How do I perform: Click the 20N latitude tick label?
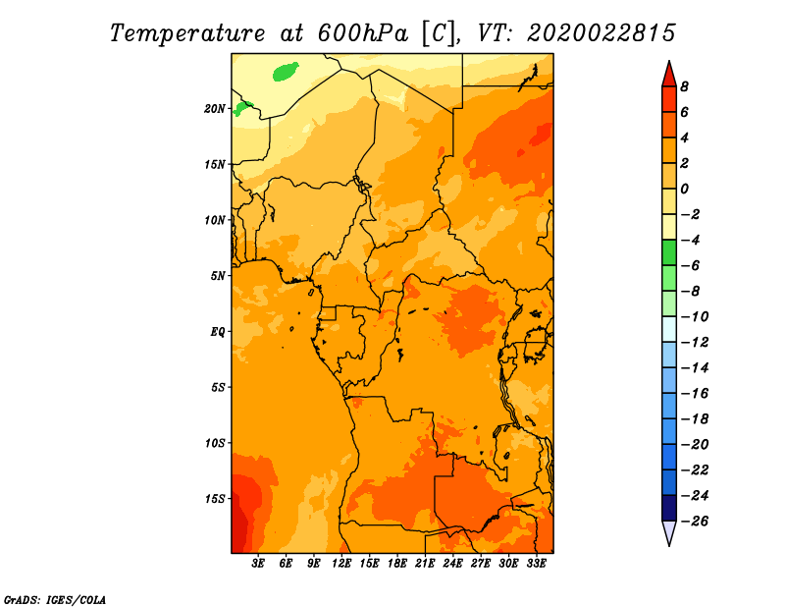pyautogui.click(x=215, y=109)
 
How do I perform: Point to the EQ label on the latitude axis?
pyautogui.click(x=218, y=332)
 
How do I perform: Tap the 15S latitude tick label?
pyautogui.click(x=215, y=499)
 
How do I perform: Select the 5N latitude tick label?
pyautogui.click(x=218, y=276)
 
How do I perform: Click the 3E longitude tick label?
pyautogui.click(x=258, y=564)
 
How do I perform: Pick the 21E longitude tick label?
pyautogui.click(x=425, y=564)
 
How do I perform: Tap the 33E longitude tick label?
pyautogui.click(x=536, y=564)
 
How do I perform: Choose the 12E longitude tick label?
pyautogui.click(x=340, y=564)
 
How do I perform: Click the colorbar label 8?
pyautogui.click(x=684, y=86)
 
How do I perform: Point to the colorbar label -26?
pyautogui.click(x=695, y=522)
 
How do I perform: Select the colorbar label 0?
pyautogui.click(x=684, y=189)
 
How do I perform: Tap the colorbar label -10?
pyautogui.click(x=695, y=317)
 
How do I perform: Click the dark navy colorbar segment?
pyautogui.click(x=669, y=508)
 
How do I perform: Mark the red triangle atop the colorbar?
pyautogui.click(x=669, y=75)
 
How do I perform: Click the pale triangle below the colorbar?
pyautogui.click(x=669, y=533)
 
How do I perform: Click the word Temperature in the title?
pyautogui.click(x=187, y=34)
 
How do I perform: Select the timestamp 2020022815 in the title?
pyautogui.click(x=602, y=33)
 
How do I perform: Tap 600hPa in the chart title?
pyautogui.click(x=362, y=33)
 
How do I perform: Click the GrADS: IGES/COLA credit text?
pyautogui.click(x=55, y=600)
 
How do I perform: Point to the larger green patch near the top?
pyautogui.click(x=286, y=71)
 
